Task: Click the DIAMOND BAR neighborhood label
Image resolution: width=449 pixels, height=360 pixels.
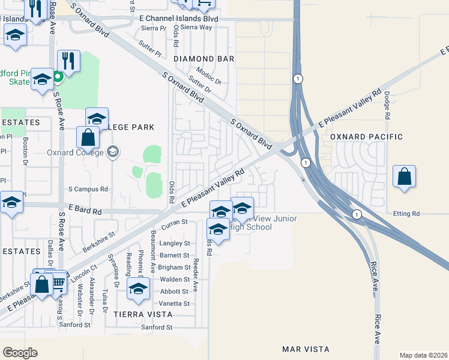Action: [203, 59]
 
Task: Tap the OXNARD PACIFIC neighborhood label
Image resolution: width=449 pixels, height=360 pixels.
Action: [367, 137]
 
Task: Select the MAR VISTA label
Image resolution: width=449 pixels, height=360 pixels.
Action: [306, 349]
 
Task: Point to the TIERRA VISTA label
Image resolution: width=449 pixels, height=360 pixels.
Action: [143, 314]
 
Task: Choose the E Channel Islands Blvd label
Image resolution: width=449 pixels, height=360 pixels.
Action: [178, 19]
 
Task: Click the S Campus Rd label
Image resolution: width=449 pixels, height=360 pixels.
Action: [88, 189]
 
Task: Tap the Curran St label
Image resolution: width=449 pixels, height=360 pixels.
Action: [175, 222]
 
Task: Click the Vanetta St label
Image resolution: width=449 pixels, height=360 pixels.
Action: [175, 304]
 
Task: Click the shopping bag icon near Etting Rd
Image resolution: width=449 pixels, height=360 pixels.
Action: [405, 176]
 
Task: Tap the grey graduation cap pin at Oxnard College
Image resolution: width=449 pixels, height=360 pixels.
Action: [112, 152]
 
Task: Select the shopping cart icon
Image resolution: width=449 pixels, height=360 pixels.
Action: [58, 281]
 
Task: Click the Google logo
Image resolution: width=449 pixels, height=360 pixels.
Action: [20, 353]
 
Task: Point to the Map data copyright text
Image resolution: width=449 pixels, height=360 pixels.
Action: [423, 355]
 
